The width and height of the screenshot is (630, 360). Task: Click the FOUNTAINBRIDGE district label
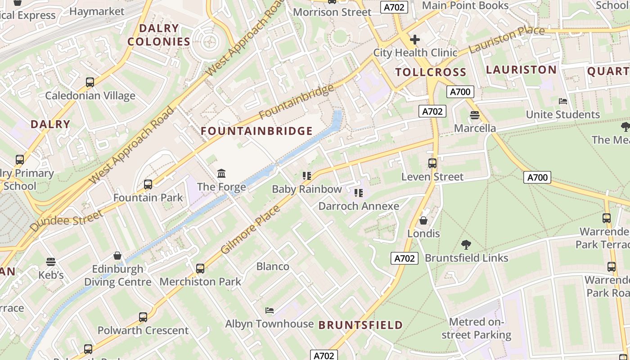click(256, 131)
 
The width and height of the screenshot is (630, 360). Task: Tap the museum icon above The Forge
click(221, 173)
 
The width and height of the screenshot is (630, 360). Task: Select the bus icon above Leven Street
click(432, 163)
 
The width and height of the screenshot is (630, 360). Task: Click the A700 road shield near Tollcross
click(460, 92)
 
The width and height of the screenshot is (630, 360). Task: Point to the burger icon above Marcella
click(475, 115)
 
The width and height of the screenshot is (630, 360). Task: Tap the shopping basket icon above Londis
click(423, 220)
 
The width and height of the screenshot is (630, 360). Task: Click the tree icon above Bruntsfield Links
click(466, 245)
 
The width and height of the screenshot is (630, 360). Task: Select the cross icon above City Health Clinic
click(414, 40)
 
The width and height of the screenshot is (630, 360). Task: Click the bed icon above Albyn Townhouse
click(269, 310)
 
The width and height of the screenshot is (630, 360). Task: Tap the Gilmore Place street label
click(250, 229)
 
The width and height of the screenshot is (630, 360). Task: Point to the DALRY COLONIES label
click(159, 35)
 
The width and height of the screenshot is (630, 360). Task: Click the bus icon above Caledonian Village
click(90, 82)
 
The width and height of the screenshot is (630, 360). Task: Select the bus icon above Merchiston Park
click(200, 269)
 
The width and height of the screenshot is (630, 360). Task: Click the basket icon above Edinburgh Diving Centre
click(117, 256)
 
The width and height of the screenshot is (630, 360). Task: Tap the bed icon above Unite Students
click(562, 101)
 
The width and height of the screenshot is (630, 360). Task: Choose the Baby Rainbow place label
click(307, 189)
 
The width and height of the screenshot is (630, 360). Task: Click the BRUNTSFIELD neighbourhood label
click(360, 325)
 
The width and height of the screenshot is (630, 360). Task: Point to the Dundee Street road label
click(67, 221)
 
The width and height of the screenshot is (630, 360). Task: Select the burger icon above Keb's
click(50, 262)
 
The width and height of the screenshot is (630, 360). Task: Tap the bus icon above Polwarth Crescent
click(143, 317)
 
